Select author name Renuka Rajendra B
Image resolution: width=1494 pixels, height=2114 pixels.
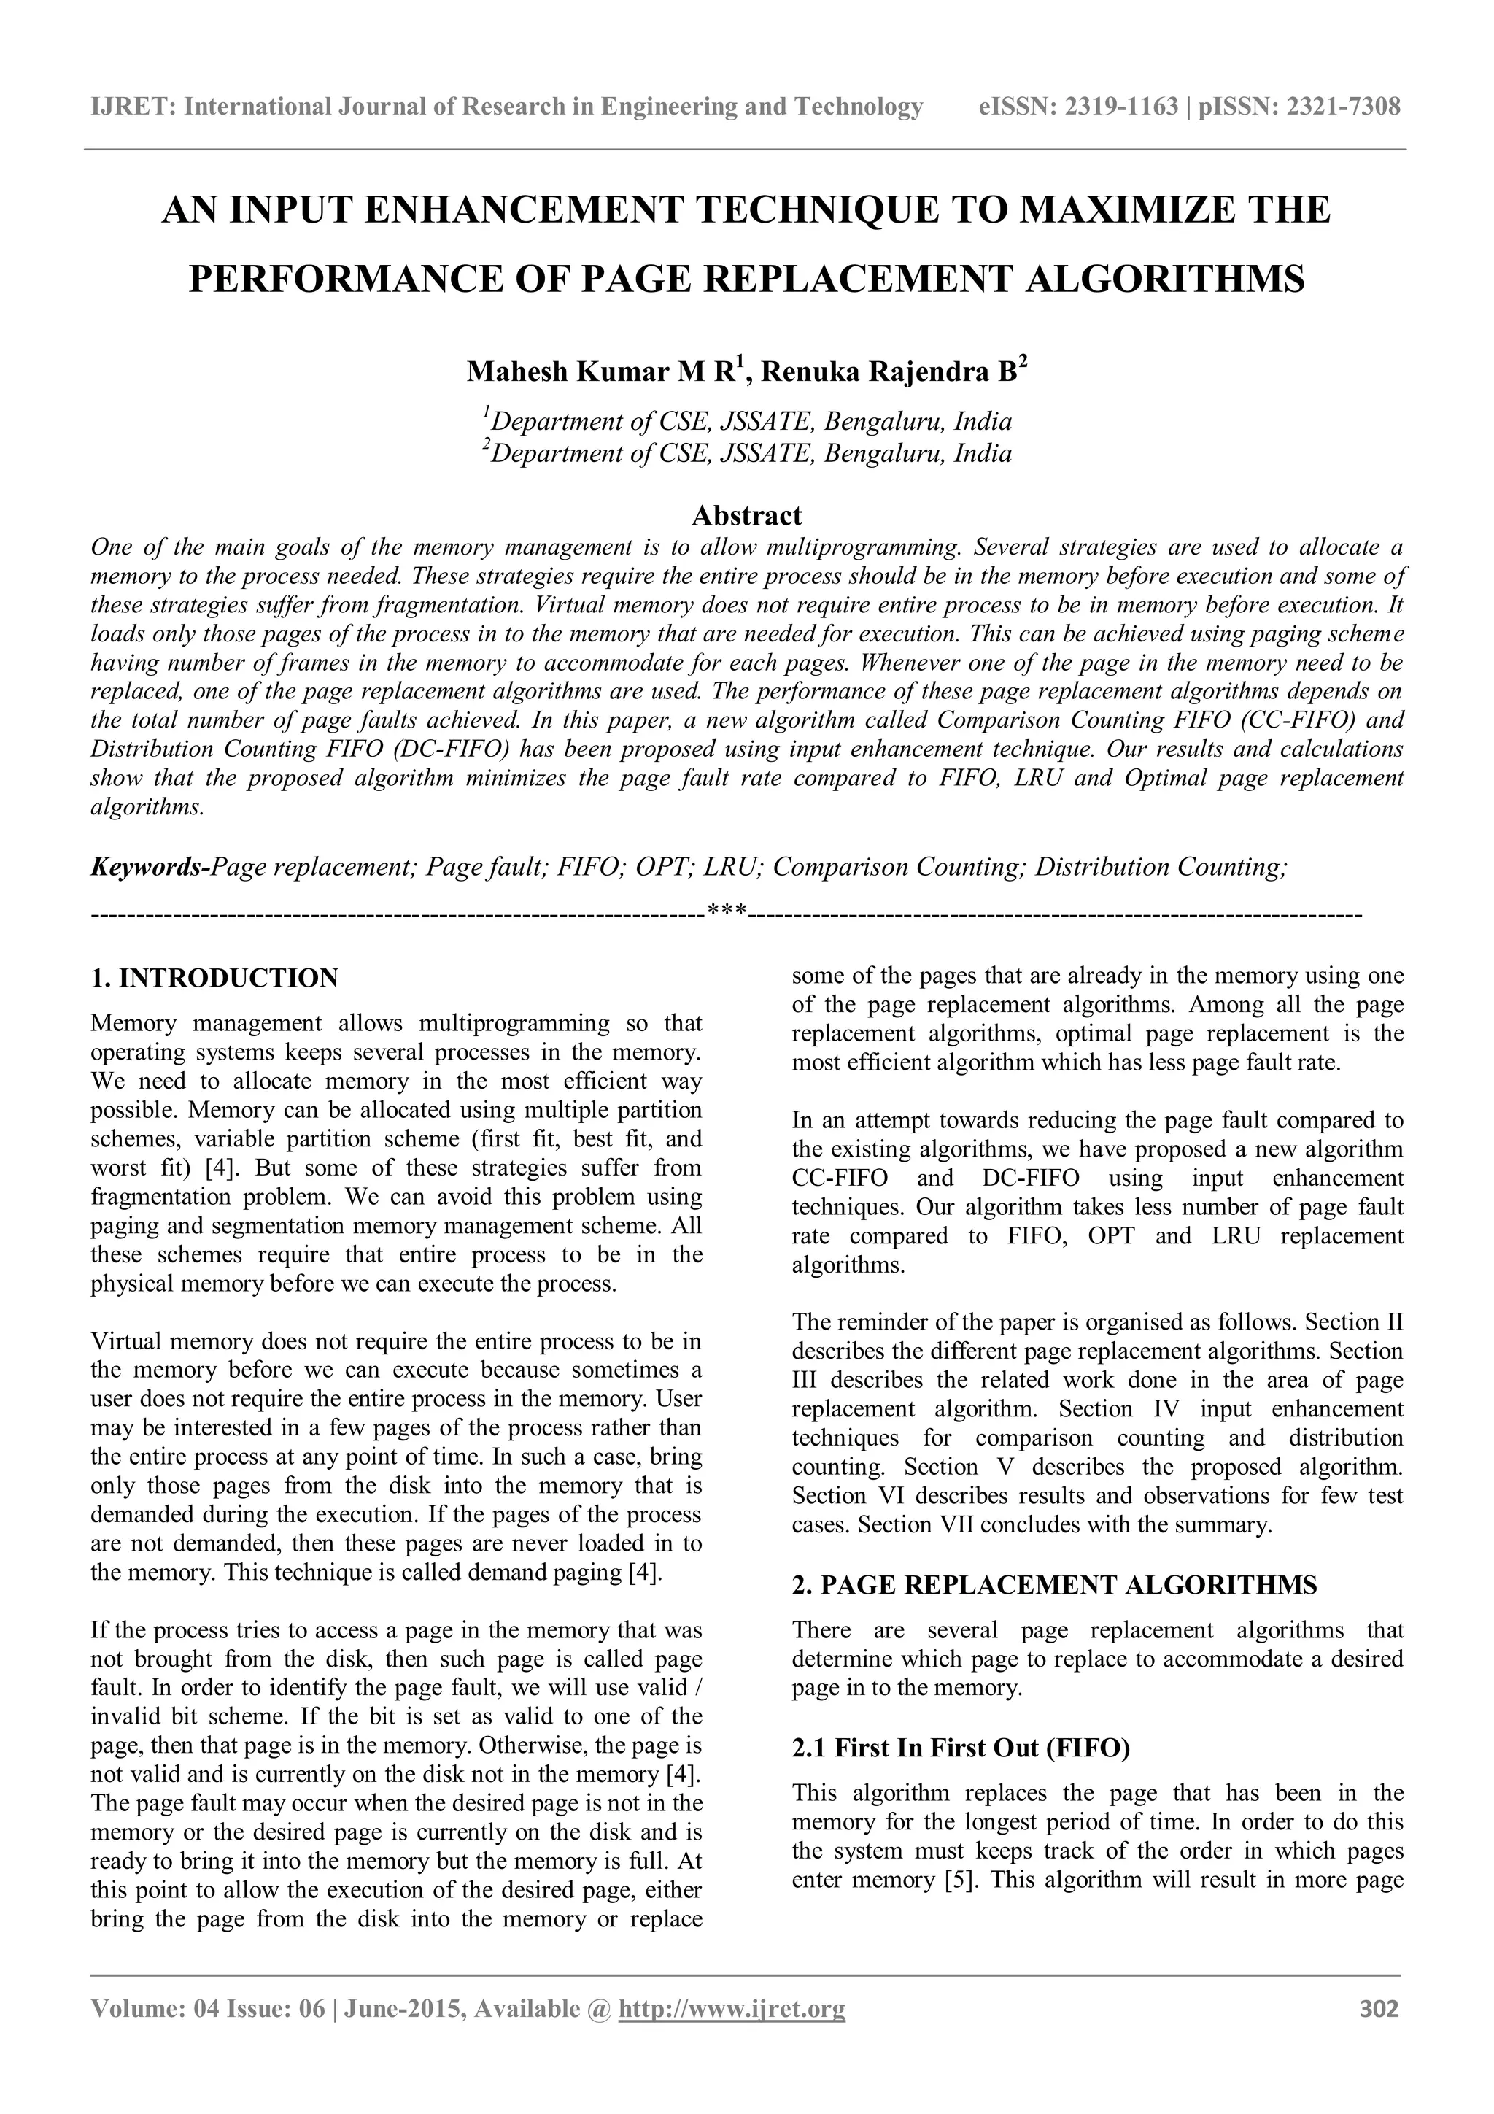click(889, 372)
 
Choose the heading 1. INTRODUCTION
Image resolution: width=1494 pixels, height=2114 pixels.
click(214, 978)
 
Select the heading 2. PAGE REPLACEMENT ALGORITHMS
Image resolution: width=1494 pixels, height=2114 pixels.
click(1054, 1586)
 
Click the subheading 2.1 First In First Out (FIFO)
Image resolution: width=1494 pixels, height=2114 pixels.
click(960, 1748)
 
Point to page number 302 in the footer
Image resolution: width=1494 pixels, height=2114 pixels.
click(1379, 2034)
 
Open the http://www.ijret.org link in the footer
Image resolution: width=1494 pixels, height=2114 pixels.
click(732, 2034)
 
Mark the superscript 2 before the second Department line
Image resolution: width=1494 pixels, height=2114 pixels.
click(486, 446)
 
